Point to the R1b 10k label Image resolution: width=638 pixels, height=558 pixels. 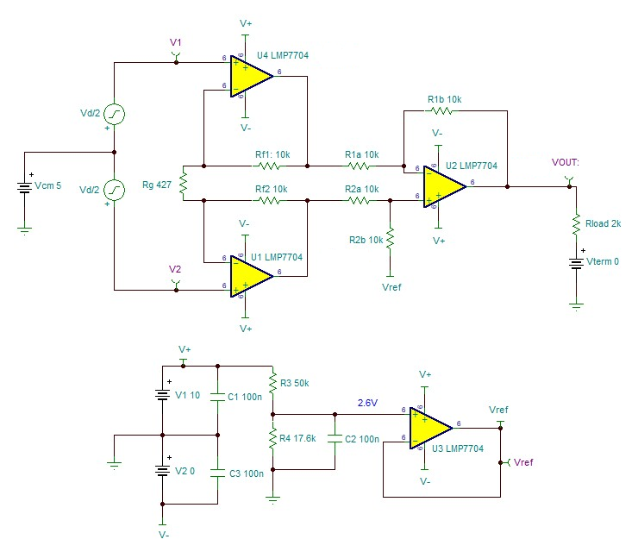[x=444, y=99]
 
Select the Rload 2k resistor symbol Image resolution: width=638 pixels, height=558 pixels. [x=575, y=224]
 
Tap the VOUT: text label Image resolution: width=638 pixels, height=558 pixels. [x=566, y=162]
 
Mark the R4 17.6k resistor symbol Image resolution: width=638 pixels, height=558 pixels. [x=273, y=439]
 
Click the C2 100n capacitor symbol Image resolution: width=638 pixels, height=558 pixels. [x=335, y=440]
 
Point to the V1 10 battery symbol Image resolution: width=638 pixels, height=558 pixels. [x=162, y=396]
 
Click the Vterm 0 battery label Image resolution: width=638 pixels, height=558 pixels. [x=603, y=260]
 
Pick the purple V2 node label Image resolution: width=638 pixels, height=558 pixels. [x=175, y=269]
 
